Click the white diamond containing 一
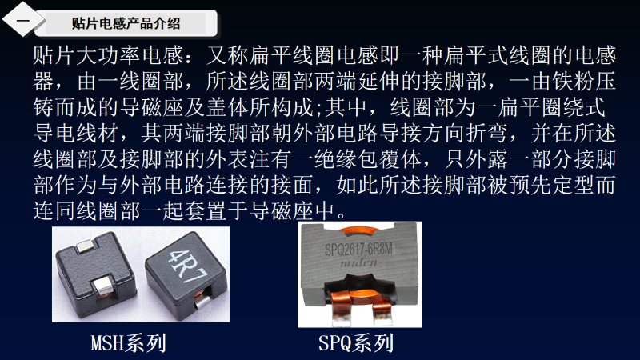coord(23,19)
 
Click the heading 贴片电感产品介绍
coord(126,23)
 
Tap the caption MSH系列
coord(129,343)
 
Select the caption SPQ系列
coord(356,343)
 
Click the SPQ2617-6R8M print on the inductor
coord(358,249)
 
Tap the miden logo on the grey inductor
coord(358,263)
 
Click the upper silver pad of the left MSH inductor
coord(87,246)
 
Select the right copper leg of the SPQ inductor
coord(382,310)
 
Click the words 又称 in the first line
coord(227,55)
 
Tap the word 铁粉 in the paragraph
coord(574,82)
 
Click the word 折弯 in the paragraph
coord(487,133)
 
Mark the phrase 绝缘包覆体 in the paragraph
coord(368,159)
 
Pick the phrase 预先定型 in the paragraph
coord(552,185)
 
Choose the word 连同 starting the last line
coord(54,211)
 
